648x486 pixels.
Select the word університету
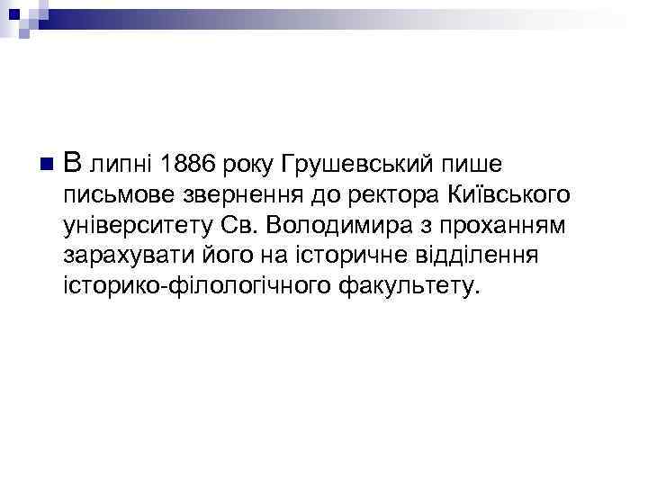click(135, 226)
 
